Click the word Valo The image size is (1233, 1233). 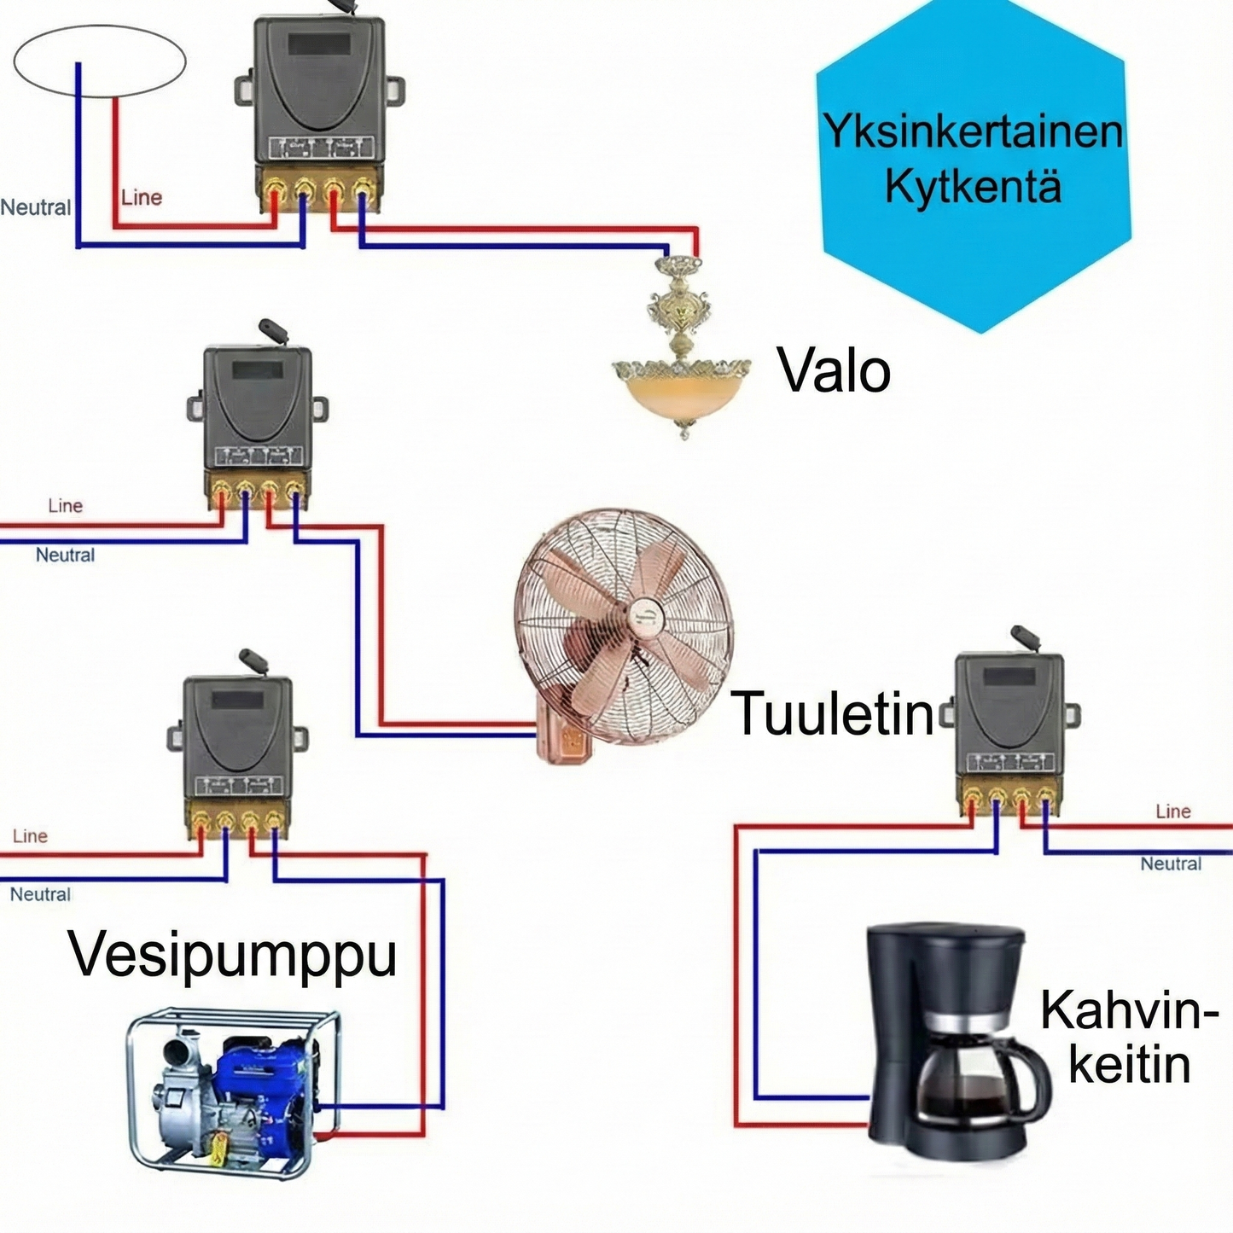[x=834, y=371]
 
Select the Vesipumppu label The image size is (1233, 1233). [x=232, y=955]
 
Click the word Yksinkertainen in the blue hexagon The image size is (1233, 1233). [x=972, y=131]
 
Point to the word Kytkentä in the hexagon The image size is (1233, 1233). [x=972, y=185]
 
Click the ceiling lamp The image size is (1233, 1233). [x=682, y=358]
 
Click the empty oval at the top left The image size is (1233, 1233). [x=99, y=61]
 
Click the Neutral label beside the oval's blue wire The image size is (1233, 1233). [x=35, y=207]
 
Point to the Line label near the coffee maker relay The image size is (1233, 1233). [x=1172, y=811]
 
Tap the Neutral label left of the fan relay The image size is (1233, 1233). [x=65, y=555]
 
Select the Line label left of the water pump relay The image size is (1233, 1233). [x=30, y=836]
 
